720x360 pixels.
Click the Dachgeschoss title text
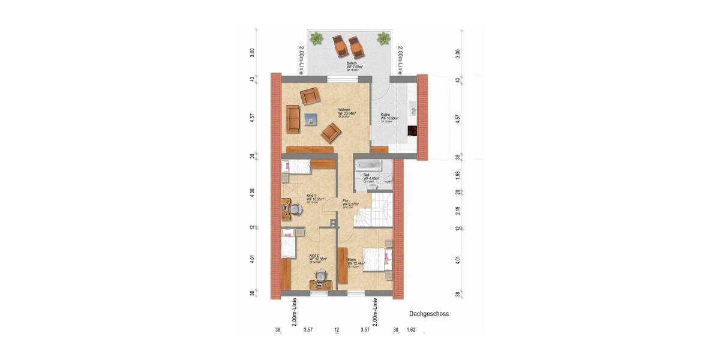428,314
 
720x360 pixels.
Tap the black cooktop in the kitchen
412,131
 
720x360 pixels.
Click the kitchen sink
413,107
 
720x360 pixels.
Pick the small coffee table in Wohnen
311,119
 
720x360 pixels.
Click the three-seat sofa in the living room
293,118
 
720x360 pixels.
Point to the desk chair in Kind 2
322,275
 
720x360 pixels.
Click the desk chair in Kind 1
298,208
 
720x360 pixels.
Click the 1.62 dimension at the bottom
411,330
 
